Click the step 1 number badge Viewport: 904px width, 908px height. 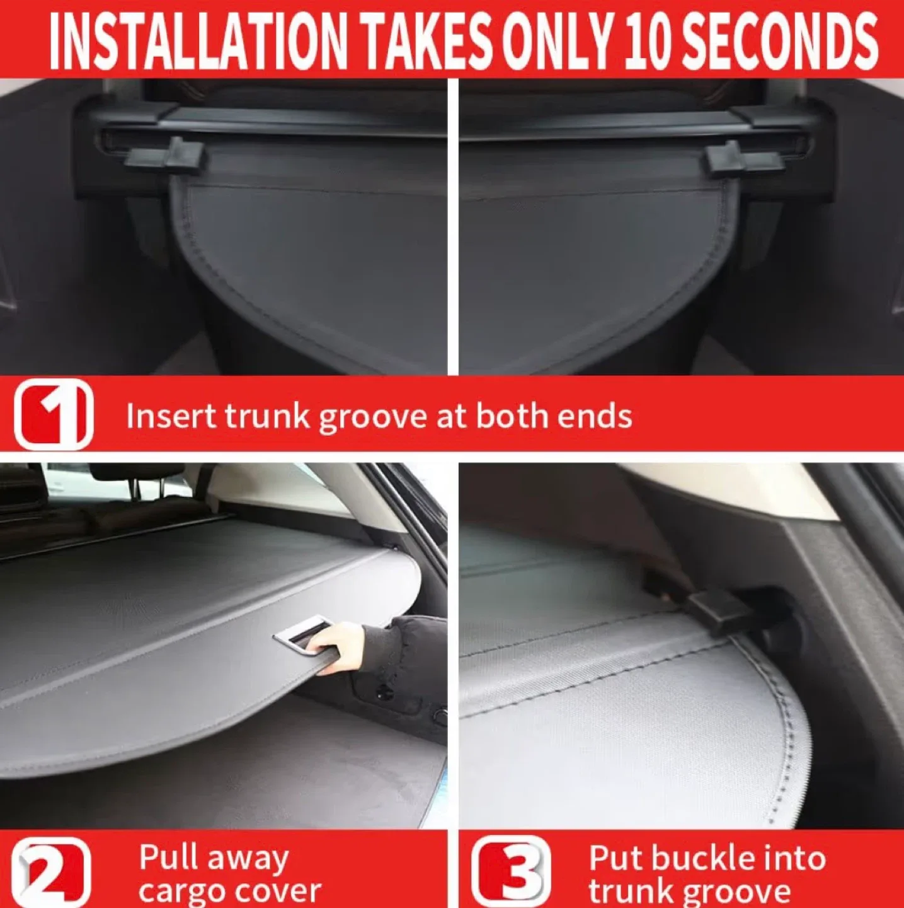pos(54,414)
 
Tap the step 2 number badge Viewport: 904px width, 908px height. pos(52,873)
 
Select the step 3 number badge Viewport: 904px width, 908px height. pos(511,871)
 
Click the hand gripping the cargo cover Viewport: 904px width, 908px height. pos(340,646)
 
